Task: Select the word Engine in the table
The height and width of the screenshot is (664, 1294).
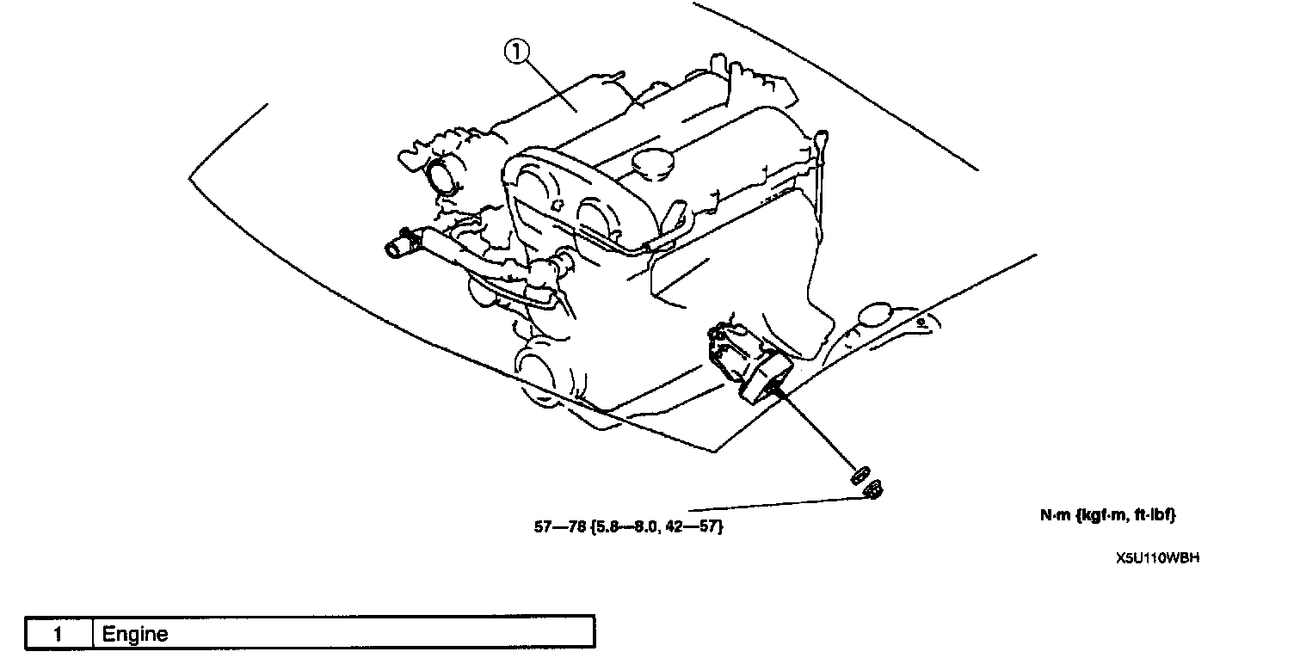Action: (x=135, y=635)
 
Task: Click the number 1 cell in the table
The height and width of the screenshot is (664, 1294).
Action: (x=59, y=635)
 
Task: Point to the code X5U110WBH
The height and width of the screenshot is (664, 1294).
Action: (x=1157, y=557)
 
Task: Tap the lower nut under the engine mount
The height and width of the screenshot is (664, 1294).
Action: (x=872, y=489)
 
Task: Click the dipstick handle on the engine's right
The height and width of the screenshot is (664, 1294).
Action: (x=822, y=138)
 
